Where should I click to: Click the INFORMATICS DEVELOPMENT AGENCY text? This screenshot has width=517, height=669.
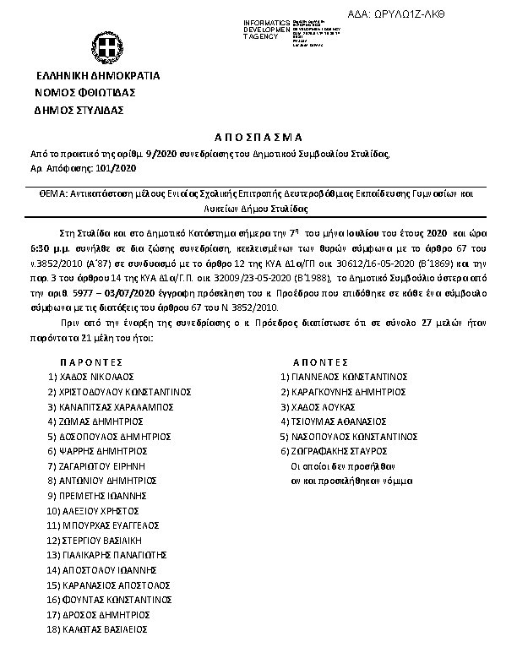(267, 29)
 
